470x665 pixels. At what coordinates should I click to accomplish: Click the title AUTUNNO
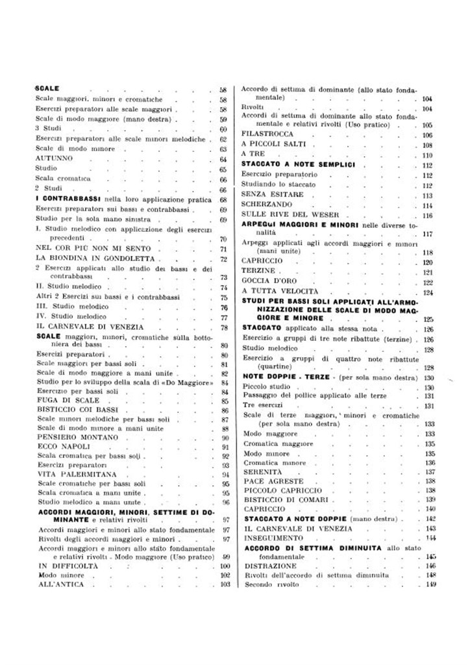pos(55,159)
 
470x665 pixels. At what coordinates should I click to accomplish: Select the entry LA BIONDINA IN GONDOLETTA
pos(79,258)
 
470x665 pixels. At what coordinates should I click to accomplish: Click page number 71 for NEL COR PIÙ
pos(223,249)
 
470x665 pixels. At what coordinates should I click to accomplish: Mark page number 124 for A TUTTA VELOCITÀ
pos(427,293)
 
